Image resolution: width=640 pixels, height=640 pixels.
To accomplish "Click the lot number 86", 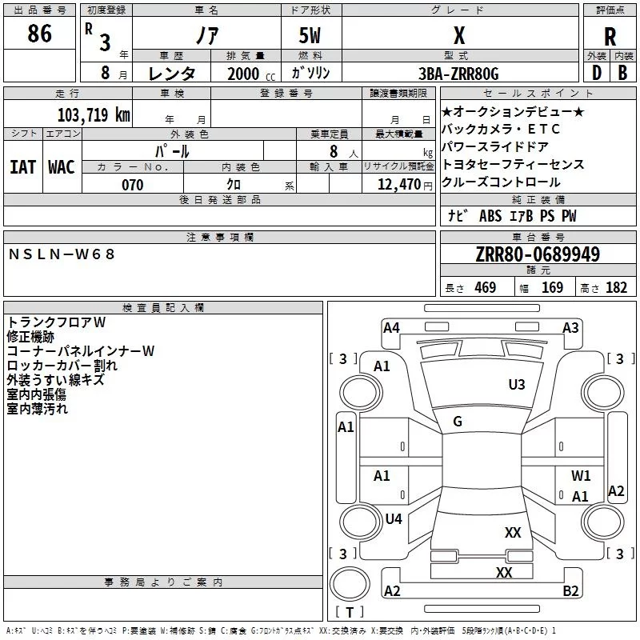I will tap(39, 34).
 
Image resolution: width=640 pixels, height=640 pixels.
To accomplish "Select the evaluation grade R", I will tap(610, 37).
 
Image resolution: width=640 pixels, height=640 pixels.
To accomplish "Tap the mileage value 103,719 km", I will tap(94, 114).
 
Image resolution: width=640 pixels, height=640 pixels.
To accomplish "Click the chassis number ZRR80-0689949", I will tap(538, 255).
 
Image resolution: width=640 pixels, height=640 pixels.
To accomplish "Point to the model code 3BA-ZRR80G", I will tap(458, 74).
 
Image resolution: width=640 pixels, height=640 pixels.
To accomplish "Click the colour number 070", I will tap(132, 185).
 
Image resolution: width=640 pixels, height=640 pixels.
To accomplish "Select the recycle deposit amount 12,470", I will tap(399, 185).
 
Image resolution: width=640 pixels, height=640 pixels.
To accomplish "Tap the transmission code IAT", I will tap(22, 167).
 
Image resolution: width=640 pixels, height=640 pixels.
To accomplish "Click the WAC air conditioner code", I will tap(61, 167).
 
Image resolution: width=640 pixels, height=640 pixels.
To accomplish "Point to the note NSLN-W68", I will tap(62, 254).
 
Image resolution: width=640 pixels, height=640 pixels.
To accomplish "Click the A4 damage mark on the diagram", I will tap(391, 327).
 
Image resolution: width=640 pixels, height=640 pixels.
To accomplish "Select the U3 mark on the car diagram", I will tap(517, 385).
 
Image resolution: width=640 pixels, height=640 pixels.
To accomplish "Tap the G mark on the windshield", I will tap(458, 422).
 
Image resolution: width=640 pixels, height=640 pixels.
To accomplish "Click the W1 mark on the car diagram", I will tap(581, 476).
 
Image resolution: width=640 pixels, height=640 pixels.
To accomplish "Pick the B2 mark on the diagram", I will tap(570, 591).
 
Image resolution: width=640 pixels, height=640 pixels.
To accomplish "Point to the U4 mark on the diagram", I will tap(393, 519).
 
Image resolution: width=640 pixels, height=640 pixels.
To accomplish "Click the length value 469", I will tap(485, 288).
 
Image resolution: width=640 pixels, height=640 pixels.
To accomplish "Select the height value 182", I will tap(616, 288).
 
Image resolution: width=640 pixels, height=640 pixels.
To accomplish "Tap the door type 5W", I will tap(310, 36).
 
